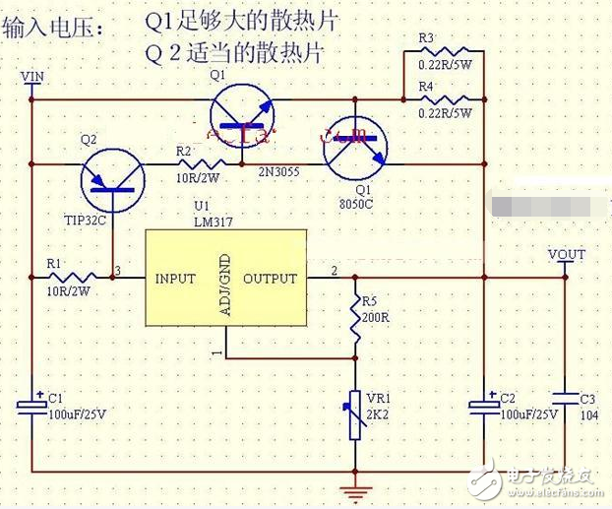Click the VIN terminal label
click(32, 76)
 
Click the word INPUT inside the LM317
click(175, 279)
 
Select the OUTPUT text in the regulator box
click(270, 279)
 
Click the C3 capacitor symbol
click(566, 400)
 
